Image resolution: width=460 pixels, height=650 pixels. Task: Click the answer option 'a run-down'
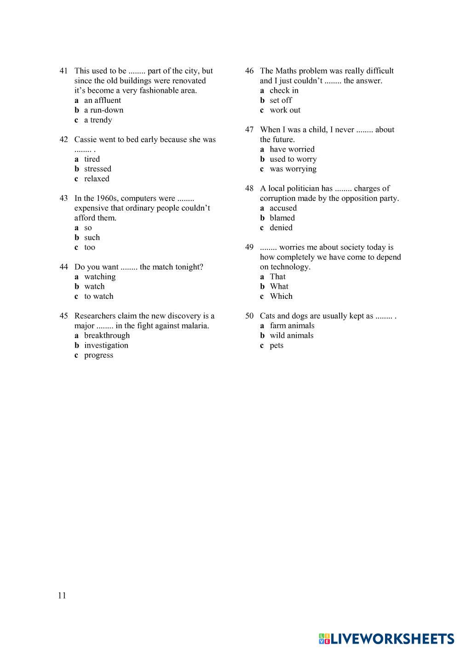point(103,110)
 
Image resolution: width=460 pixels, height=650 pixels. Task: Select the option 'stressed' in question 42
point(98,169)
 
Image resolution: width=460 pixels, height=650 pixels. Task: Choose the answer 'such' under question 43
point(92,238)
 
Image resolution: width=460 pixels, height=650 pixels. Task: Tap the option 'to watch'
point(98,296)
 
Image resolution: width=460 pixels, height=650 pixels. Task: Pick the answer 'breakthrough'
point(107,336)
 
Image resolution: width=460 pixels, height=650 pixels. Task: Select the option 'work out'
point(285,110)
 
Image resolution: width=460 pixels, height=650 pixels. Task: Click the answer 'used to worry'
point(293,160)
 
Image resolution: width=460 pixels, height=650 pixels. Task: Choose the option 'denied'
point(281,228)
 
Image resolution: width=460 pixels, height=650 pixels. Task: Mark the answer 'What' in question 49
point(279,286)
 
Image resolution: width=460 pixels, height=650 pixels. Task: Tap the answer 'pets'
point(276,346)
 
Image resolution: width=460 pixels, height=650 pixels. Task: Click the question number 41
point(63,71)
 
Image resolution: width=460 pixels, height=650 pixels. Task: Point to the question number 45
point(63,316)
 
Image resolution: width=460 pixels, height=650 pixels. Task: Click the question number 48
point(249,188)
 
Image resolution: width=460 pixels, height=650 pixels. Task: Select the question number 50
point(249,316)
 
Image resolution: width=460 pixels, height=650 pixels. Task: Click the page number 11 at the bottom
point(63,596)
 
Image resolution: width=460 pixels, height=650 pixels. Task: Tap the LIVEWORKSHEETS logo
point(386,639)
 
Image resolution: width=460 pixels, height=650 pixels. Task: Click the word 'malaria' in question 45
point(194,326)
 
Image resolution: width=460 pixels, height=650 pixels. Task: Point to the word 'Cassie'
point(86,140)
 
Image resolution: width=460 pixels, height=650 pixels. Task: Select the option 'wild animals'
point(292,336)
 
